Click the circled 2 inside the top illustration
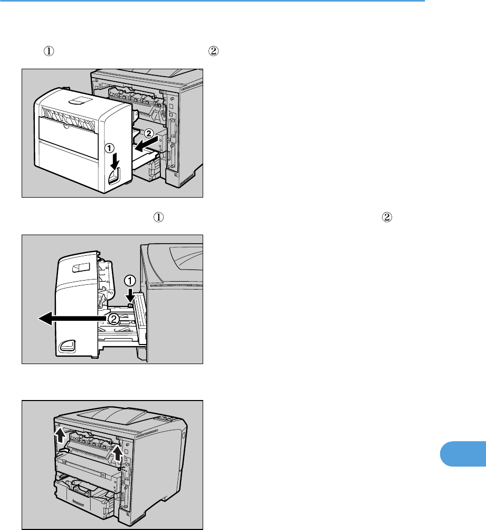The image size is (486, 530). click(x=149, y=133)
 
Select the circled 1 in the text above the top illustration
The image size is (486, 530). click(x=49, y=52)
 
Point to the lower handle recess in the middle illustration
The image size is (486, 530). click(x=68, y=345)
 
